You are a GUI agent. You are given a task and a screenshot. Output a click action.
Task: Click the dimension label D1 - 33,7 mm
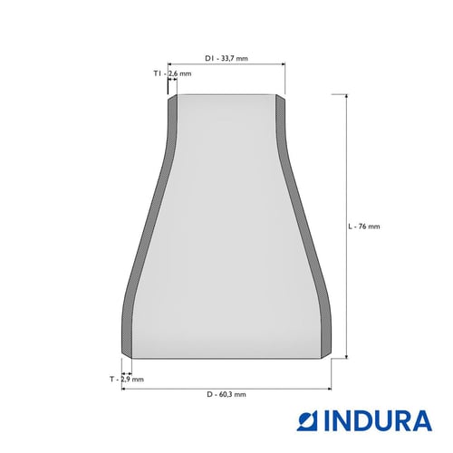click(x=226, y=58)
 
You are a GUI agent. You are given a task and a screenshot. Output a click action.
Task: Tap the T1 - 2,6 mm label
click(x=172, y=73)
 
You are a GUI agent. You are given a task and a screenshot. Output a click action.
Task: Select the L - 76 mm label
click(x=364, y=226)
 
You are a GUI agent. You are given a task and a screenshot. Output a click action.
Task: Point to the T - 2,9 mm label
click(x=127, y=379)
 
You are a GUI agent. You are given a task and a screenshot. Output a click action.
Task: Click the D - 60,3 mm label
click(x=226, y=394)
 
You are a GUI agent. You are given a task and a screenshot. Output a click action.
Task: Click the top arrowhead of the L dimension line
click(x=346, y=96)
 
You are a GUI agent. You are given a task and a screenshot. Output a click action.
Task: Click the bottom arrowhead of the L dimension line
click(x=346, y=356)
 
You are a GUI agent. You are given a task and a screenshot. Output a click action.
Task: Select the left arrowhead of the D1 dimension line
click(x=170, y=64)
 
